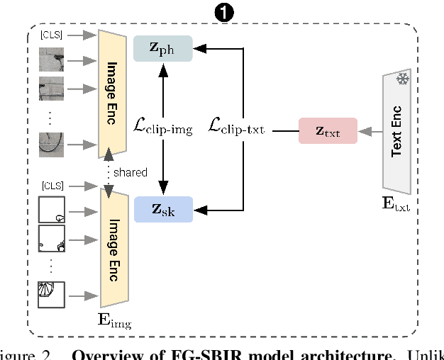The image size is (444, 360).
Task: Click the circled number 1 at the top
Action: (221, 13)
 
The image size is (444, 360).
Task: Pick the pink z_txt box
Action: (328, 131)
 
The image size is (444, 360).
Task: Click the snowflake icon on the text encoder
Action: (402, 79)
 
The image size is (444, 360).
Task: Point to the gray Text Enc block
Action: (398, 135)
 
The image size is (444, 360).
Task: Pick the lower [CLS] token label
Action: (51, 186)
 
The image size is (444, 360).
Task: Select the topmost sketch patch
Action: (52, 210)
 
